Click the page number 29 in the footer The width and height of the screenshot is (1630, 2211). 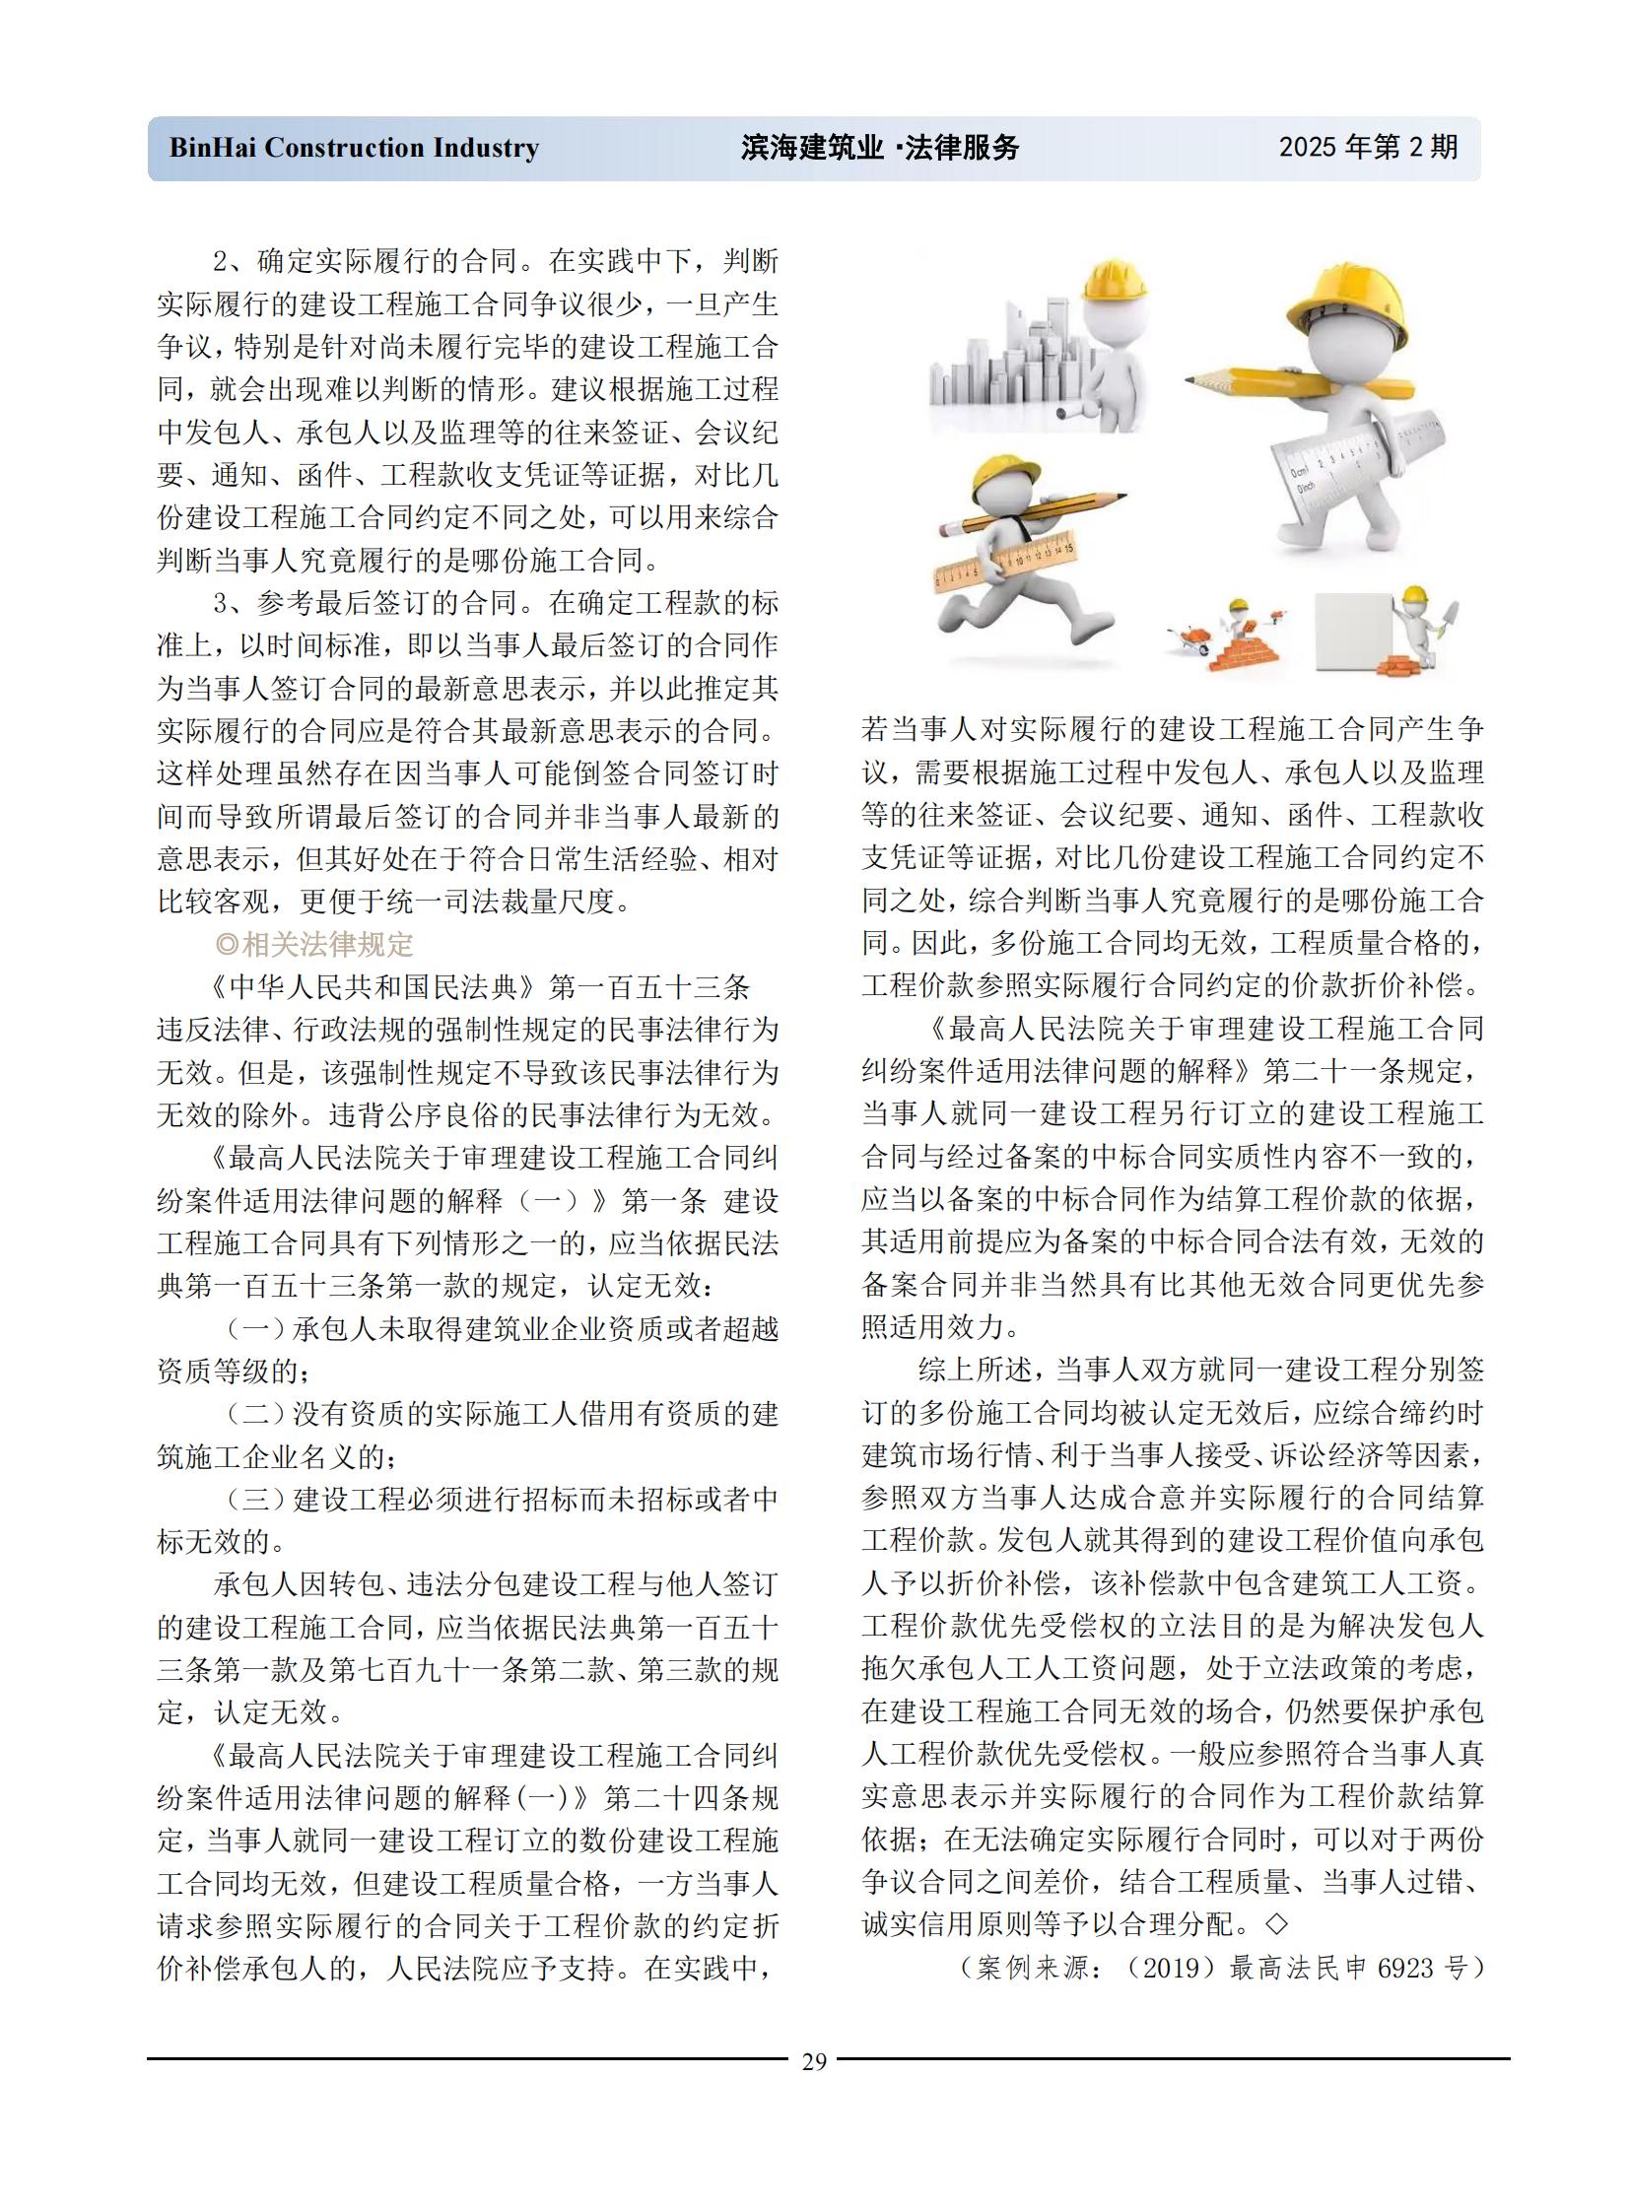point(814,2061)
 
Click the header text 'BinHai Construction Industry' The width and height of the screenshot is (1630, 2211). point(354,148)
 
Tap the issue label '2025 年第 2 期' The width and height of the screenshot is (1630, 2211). point(1369,147)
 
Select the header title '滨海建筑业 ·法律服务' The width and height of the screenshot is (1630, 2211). point(879,148)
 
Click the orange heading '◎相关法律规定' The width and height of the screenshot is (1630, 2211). point(314,944)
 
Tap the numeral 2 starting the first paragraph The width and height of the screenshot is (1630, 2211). point(221,261)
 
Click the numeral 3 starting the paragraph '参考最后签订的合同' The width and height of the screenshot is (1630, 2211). point(221,603)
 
